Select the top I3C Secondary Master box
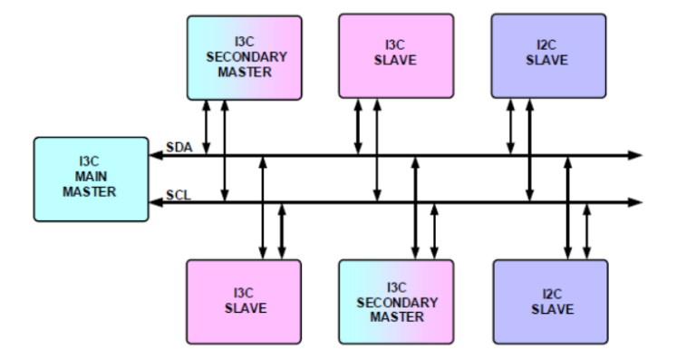(x=245, y=56)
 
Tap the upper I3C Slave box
(x=396, y=55)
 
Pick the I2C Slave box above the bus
(x=548, y=55)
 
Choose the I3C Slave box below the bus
(x=243, y=302)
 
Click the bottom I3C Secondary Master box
(x=396, y=302)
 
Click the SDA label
(x=179, y=147)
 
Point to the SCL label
(x=178, y=193)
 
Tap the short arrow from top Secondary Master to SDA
(x=207, y=127)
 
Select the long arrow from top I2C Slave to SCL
(x=530, y=150)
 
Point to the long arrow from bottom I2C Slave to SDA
(x=568, y=209)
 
